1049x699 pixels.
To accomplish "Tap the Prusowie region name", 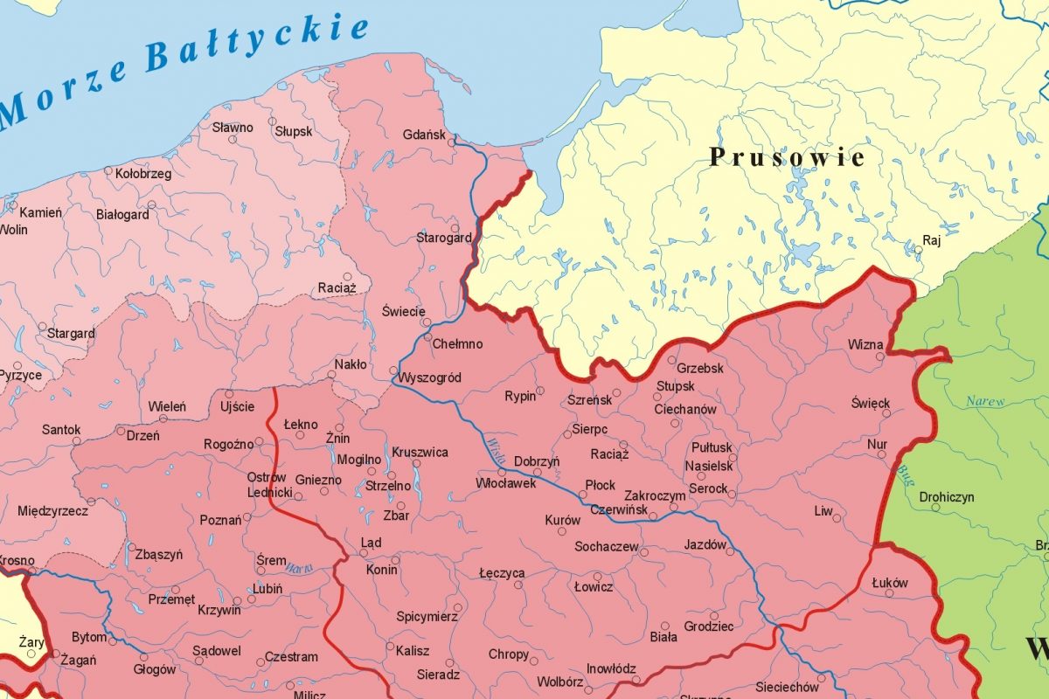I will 787,157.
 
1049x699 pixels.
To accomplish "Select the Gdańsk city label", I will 424,135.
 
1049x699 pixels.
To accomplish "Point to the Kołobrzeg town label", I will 143,174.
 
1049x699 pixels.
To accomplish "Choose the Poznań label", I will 220,521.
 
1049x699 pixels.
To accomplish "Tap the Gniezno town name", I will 318,480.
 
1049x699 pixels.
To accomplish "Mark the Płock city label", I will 601,485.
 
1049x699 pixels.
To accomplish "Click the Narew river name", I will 985,402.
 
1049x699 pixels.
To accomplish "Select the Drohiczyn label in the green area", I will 947,497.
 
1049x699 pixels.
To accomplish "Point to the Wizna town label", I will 865,344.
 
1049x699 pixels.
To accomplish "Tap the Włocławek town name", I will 506,483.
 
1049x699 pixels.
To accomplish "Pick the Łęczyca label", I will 502,573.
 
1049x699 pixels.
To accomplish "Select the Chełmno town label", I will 457,344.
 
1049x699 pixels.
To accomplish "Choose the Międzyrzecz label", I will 52,510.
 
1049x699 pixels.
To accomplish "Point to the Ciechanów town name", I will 684,409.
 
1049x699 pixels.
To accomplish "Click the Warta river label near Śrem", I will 298,568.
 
